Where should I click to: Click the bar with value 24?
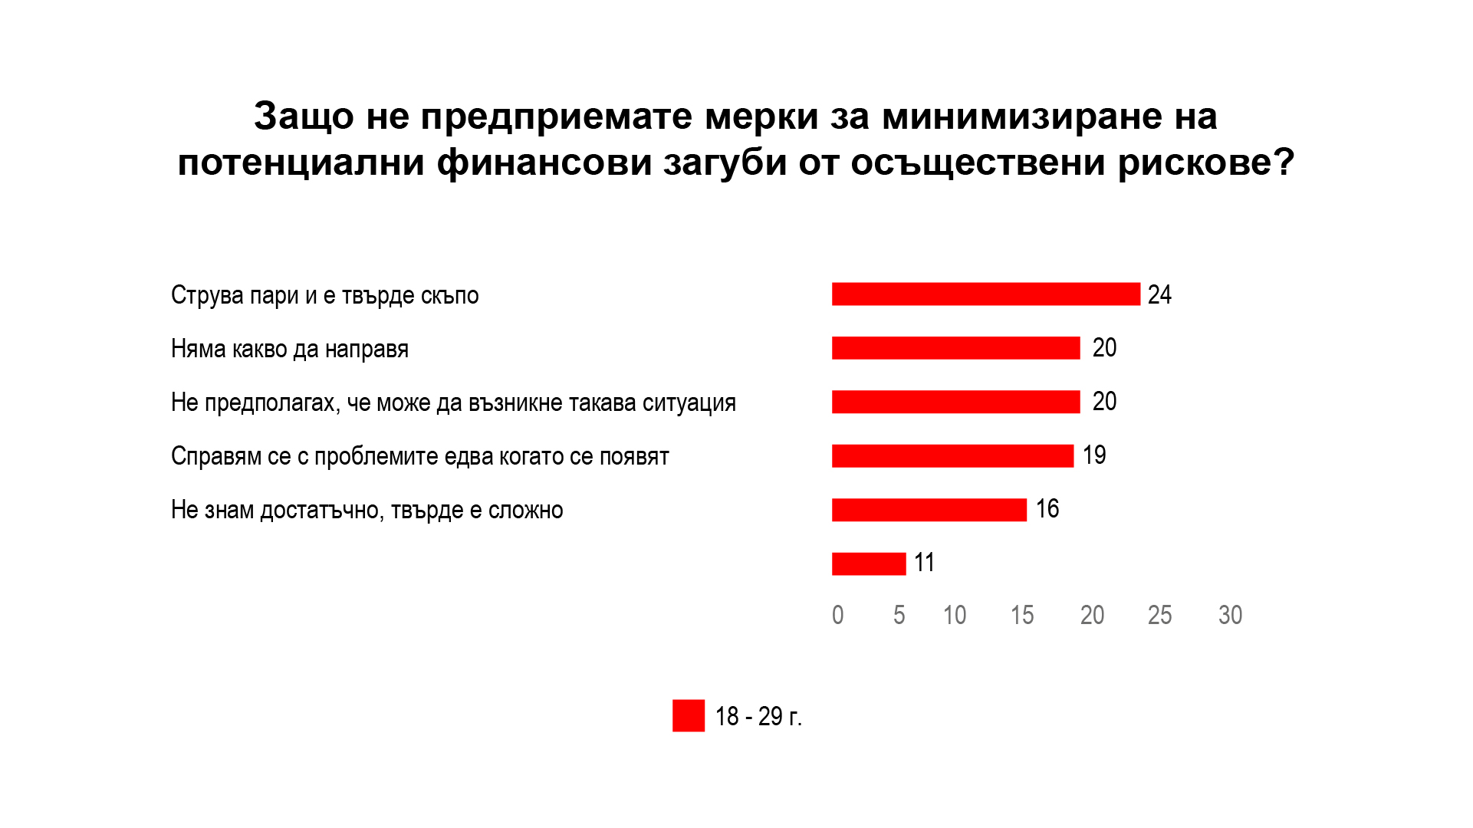tap(985, 294)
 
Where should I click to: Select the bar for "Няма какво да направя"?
tap(955, 348)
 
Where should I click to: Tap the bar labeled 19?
tap(952, 456)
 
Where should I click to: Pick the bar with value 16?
tap(929, 510)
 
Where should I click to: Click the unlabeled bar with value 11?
tap(869, 563)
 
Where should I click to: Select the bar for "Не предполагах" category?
tap(955, 402)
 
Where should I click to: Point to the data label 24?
tap(1159, 294)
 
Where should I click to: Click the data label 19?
tap(1094, 455)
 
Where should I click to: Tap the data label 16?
tap(1047, 509)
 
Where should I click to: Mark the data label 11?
tap(924, 563)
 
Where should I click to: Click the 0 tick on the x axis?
tap(837, 615)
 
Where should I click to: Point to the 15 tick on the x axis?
tap(1021, 615)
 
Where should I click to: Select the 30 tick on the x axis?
tap(1230, 615)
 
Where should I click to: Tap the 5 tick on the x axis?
tap(899, 615)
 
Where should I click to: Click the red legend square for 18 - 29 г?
tap(688, 716)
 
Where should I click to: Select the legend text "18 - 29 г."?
tap(758, 716)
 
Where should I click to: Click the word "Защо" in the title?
tap(304, 117)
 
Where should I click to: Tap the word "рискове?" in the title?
tap(1205, 163)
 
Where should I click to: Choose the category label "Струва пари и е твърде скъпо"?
tap(324, 295)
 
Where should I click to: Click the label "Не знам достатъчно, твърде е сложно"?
tap(367, 510)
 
